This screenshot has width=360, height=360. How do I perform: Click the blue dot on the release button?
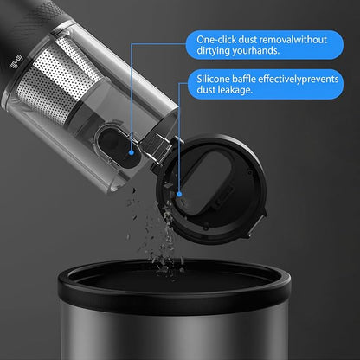(x=132, y=152)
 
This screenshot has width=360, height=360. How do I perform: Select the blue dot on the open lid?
(x=179, y=195)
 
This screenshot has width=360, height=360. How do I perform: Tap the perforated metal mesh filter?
(x=58, y=80)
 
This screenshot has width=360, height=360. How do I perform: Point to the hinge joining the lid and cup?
(x=158, y=147)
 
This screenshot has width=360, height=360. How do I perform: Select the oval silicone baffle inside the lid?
(x=205, y=184)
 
